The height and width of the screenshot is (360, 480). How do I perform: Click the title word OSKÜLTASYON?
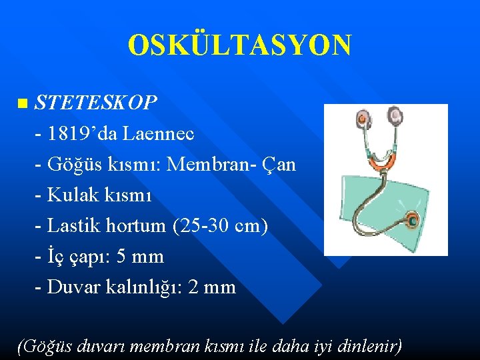239,45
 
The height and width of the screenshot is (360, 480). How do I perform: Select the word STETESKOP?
96,103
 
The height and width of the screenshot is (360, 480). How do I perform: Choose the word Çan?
279,164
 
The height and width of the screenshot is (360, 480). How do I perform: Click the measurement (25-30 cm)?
220,226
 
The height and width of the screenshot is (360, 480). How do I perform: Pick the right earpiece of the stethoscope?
396,117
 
